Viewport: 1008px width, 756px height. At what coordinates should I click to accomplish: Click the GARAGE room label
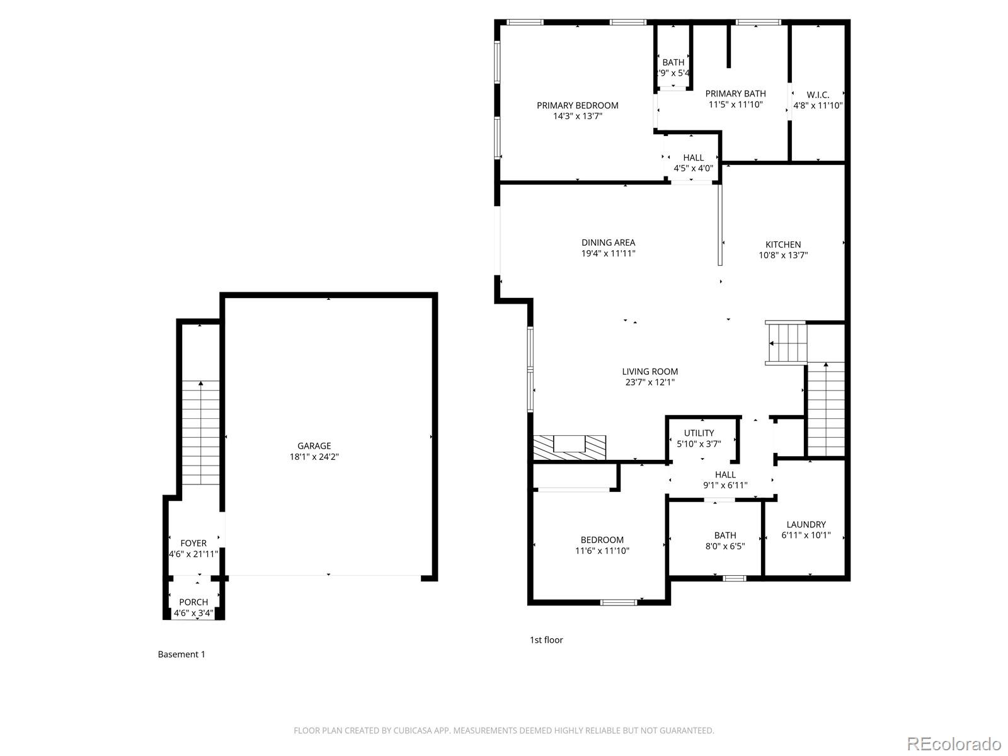[x=314, y=446]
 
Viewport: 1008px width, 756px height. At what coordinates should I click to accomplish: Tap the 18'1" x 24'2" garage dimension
[x=314, y=457]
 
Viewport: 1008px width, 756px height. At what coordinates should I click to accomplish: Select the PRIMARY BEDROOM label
[x=577, y=105]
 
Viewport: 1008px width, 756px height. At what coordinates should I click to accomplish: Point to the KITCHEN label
[x=783, y=244]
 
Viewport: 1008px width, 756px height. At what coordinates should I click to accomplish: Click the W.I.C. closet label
[x=818, y=94]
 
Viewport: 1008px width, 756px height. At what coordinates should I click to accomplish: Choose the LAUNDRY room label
[x=806, y=524]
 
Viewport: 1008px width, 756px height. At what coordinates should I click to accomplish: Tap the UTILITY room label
[x=699, y=433]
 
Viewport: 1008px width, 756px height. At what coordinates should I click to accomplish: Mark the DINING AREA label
[x=608, y=243]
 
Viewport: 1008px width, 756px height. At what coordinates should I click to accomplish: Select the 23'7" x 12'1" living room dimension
[x=650, y=382]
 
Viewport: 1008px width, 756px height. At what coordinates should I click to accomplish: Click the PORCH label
[x=193, y=602]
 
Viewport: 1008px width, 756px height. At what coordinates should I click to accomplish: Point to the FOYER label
[x=193, y=543]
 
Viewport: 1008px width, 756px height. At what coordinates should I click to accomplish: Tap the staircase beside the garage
[x=201, y=432]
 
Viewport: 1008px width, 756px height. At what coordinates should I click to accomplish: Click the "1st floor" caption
[x=546, y=640]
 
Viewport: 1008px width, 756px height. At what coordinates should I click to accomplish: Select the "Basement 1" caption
[x=181, y=655]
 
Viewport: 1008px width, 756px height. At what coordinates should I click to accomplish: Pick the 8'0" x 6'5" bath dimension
[x=725, y=546]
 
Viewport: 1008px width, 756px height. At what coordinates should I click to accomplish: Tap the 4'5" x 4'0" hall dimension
[x=693, y=168]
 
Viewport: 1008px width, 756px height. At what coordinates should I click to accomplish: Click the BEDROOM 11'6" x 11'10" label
[x=602, y=540]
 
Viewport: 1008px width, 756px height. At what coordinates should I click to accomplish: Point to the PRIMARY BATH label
[x=735, y=94]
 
